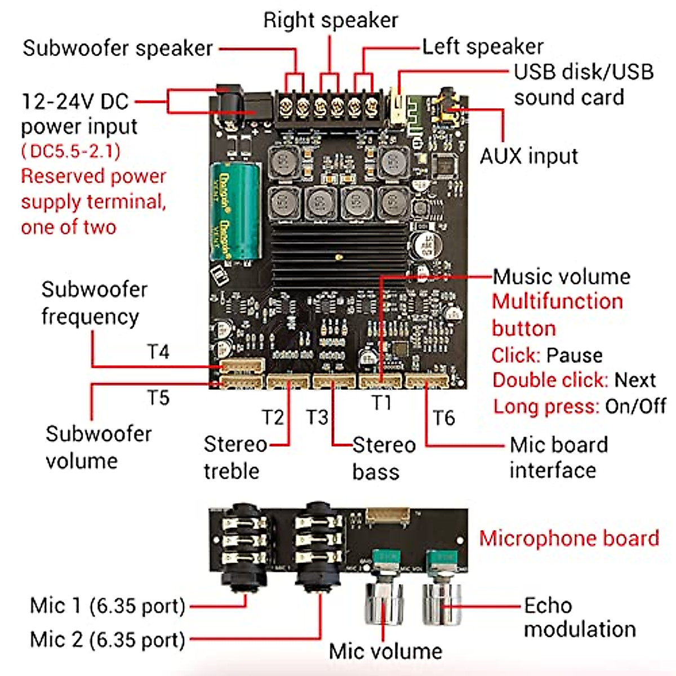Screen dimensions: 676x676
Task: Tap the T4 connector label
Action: (158, 352)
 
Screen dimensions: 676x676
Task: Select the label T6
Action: (443, 418)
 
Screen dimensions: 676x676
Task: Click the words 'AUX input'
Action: (528, 156)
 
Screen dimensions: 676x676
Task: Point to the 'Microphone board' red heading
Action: (568, 538)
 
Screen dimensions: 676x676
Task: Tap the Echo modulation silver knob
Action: (442, 603)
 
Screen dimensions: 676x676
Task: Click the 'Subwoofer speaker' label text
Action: (117, 48)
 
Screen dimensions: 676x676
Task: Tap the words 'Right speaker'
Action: (331, 20)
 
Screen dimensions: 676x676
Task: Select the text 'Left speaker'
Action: (483, 47)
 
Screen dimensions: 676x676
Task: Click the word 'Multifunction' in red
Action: (557, 301)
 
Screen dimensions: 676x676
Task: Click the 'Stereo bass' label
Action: (383, 458)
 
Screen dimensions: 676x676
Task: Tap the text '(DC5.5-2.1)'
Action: (71, 151)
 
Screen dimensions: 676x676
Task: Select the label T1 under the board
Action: (381, 403)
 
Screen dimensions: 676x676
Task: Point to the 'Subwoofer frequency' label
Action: (93, 303)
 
